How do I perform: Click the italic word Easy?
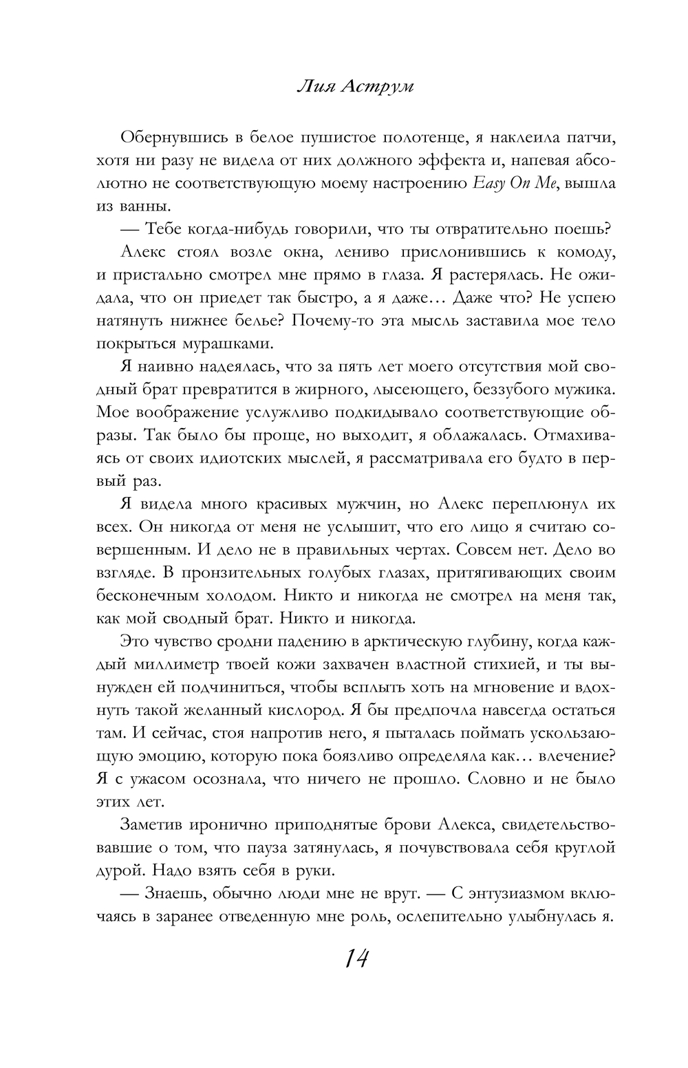tap(487, 184)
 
